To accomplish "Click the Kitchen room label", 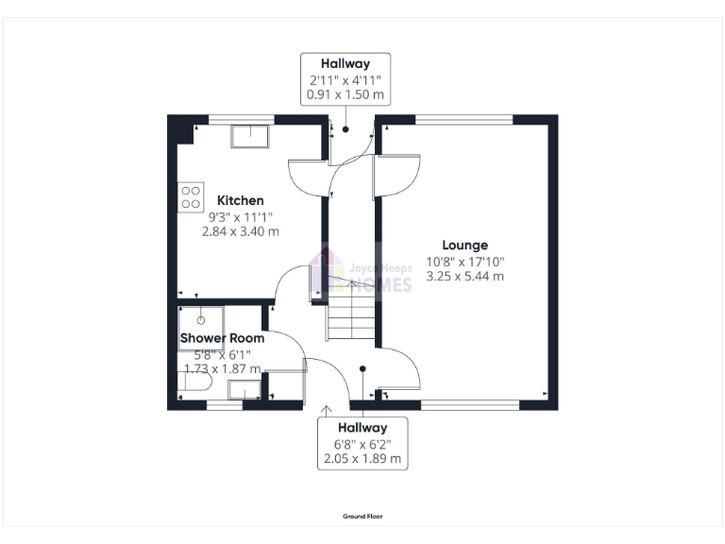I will click(241, 200).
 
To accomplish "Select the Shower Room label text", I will click(222, 338).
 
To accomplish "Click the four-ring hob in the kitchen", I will click(190, 195).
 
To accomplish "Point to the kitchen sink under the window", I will click(249, 136).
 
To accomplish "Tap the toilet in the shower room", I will click(185, 382).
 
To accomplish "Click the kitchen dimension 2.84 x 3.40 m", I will click(241, 230).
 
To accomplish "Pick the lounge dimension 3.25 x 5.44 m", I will click(464, 276).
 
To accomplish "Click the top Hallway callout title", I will click(345, 64).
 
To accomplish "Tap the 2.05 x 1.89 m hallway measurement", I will click(362, 459).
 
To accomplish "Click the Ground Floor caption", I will click(362, 517).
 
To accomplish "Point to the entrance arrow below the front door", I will click(327, 410).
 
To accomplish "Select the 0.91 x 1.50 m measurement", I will click(345, 94).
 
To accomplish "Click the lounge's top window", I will click(464, 120).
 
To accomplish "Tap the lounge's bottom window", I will click(470, 405).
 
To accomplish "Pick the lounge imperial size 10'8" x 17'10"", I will click(464, 261).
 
